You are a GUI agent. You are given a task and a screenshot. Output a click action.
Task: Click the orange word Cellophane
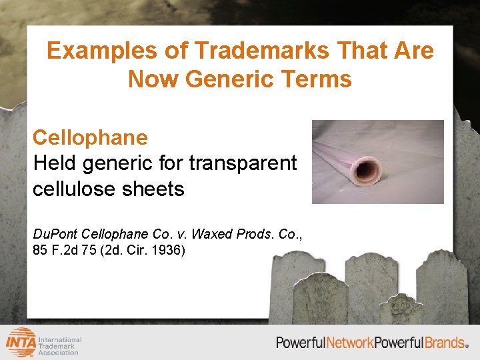(x=90, y=137)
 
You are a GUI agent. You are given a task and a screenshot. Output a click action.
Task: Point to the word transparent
(x=243, y=163)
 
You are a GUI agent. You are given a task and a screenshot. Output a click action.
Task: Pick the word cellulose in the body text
(x=75, y=189)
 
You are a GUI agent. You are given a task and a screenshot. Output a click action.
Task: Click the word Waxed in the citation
(x=213, y=234)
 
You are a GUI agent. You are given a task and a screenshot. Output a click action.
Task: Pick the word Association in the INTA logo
(x=62, y=353)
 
